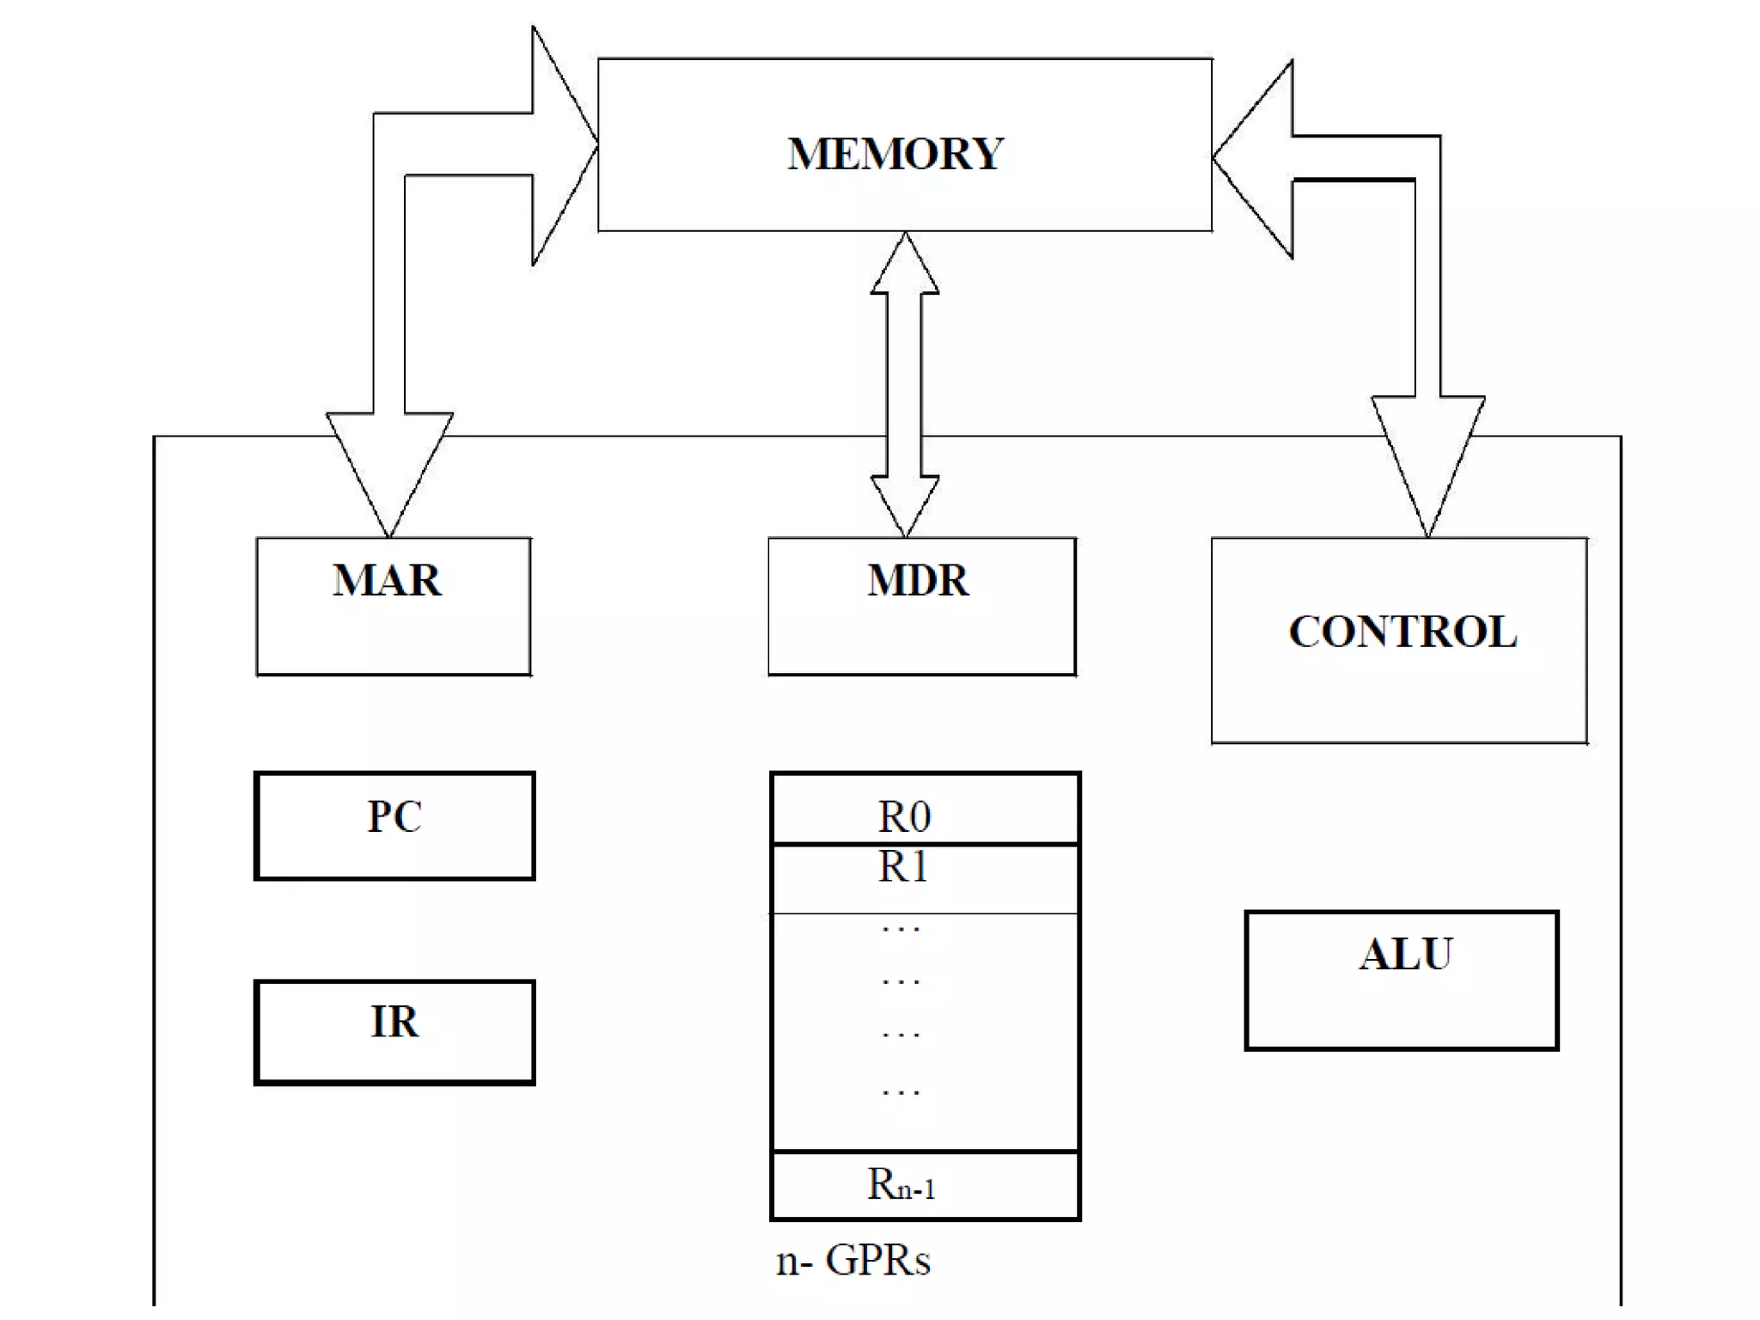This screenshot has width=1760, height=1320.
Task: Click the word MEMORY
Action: [895, 155]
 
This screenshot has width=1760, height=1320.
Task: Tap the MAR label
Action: [387, 580]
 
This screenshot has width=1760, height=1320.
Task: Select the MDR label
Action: [918, 580]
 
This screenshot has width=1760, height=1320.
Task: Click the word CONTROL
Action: [1402, 632]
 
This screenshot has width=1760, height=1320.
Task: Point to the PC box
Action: [394, 826]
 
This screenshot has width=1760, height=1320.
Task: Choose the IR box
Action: [394, 1032]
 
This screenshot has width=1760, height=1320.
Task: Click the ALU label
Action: [1405, 955]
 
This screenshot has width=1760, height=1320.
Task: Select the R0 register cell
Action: [925, 810]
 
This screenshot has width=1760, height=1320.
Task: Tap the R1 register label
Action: [903, 867]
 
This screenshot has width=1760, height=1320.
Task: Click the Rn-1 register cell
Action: [925, 1185]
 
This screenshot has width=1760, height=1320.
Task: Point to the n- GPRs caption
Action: [852, 1261]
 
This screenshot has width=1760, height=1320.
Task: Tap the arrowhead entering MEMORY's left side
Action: [562, 146]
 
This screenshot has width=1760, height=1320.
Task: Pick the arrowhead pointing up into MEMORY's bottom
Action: [905, 266]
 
